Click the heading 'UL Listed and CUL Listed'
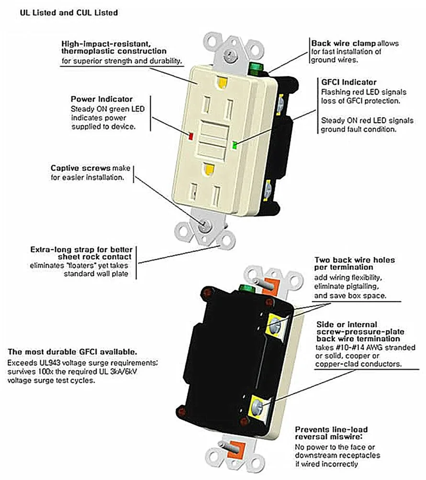point(68,13)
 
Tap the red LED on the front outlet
point(191,137)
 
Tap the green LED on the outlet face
point(234,144)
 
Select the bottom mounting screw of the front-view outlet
point(205,225)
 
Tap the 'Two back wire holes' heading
point(354,260)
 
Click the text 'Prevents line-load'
point(331,429)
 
